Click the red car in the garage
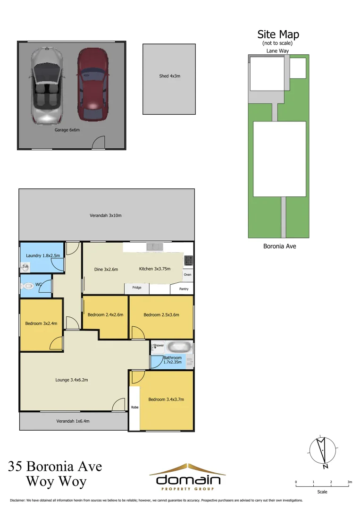point(93,84)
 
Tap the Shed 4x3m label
point(169,76)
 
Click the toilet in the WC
point(28,286)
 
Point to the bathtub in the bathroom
point(178,347)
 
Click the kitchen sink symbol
point(154,246)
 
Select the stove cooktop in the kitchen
point(188,260)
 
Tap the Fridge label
point(137,287)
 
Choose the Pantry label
point(184,289)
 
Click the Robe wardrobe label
point(134,407)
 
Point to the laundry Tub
point(25,266)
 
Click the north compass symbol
point(323,451)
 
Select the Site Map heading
point(278,34)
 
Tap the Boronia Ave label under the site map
point(279,246)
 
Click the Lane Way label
point(278,51)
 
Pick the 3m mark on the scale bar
point(349,482)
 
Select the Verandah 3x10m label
point(106,216)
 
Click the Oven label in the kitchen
point(187,274)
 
